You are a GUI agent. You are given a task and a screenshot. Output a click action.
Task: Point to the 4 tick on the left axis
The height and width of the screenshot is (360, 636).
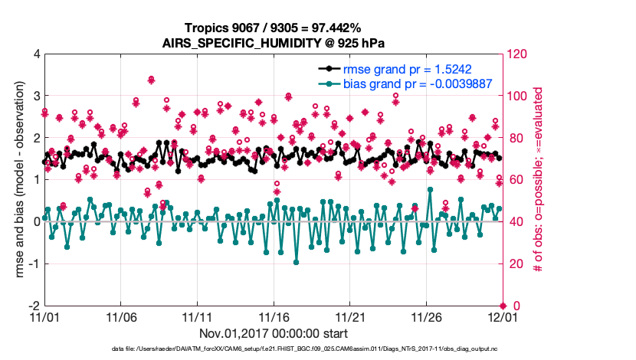(36, 54)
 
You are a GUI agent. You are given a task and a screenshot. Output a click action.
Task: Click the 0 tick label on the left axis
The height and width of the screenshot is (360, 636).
(36, 222)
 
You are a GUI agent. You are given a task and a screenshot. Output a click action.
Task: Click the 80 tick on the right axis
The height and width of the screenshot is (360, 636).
(514, 139)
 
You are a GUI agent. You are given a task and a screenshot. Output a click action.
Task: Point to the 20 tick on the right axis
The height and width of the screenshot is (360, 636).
(514, 264)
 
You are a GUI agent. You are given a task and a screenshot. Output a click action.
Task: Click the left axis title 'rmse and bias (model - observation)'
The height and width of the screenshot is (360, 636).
(17, 180)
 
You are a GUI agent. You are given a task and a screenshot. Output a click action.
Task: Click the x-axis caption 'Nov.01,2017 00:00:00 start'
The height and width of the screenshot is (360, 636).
(273, 334)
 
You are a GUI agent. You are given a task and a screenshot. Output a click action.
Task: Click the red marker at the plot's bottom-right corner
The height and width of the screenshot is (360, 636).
(502, 306)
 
